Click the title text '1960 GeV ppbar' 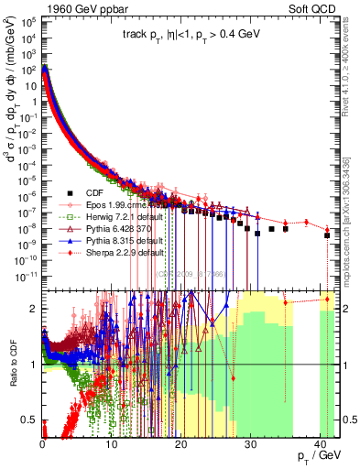74,6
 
